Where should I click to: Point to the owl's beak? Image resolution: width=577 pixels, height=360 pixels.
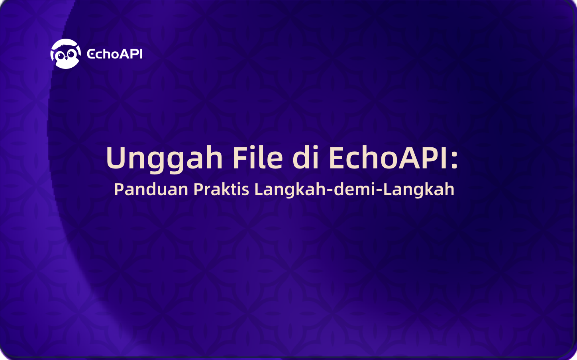66,58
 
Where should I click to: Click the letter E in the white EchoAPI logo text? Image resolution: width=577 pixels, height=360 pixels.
91,54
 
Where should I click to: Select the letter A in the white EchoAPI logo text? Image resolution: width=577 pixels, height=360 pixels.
125,54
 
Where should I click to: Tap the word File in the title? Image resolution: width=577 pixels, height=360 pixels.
258,157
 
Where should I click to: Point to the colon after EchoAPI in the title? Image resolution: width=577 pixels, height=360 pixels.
454,159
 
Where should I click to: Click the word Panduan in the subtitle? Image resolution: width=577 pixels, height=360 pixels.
151,189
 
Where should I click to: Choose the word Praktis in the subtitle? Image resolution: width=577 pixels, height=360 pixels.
221,189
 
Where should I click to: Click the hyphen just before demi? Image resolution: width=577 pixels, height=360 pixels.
330,191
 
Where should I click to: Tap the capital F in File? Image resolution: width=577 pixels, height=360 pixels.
240,158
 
